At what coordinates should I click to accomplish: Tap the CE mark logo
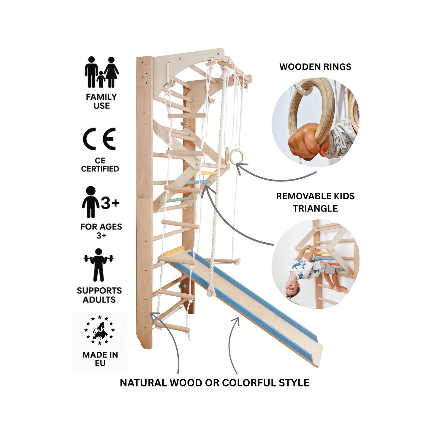click(99, 139)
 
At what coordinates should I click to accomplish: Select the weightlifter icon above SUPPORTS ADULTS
click(99, 265)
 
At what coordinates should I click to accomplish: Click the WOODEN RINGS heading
click(315, 67)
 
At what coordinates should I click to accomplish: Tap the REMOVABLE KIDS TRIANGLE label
click(315, 202)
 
